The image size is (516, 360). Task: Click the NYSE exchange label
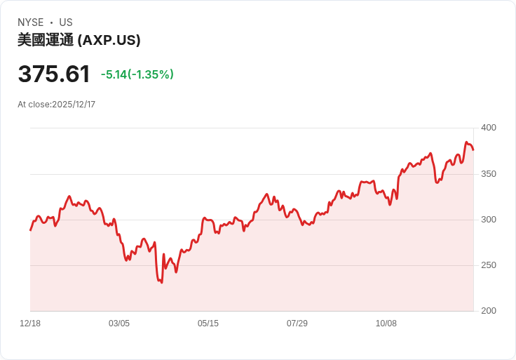pos(31,22)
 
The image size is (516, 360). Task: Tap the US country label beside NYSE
pos(66,22)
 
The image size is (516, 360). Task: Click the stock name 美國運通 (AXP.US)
pos(79,41)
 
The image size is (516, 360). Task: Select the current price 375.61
pos(54,74)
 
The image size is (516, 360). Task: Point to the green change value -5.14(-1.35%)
pos(137,74)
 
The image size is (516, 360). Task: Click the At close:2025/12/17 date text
pos(57,105)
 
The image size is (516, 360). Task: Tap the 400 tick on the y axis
pos(489,128)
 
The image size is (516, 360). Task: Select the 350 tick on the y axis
pos(489,173)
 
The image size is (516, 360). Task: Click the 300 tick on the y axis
pos(489,220)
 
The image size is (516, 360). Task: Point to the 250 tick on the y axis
pos(489,265)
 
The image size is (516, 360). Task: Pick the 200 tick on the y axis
pos(489,311)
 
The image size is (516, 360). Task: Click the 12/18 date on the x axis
pos(30,324)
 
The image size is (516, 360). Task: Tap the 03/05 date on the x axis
pos(119,324)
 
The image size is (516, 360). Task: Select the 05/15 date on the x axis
pos(208,324)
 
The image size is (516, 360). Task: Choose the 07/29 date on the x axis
pos(297,324)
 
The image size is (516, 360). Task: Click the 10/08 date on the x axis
pos(386,324)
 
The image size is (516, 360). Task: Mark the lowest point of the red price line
pos(162,283)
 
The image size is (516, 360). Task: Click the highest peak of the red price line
pos(466,142)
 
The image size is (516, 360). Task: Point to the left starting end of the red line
pos(30,230)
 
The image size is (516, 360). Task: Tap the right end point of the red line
pos(473,149)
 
